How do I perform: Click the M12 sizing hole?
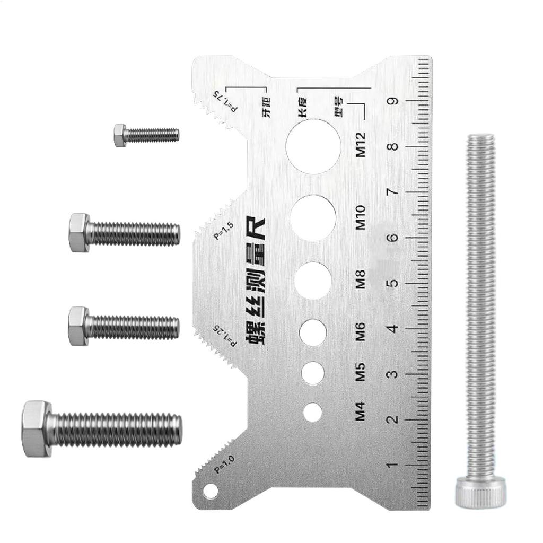313,146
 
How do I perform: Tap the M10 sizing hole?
313,217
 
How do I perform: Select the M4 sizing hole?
313,412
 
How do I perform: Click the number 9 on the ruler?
393,101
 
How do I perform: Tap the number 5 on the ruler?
393,283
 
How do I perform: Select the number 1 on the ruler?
393,466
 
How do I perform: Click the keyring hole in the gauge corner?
211,491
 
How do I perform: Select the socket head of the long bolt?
480,491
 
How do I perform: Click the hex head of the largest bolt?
37,429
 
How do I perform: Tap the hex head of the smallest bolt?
120,135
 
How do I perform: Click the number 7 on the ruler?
393,191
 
